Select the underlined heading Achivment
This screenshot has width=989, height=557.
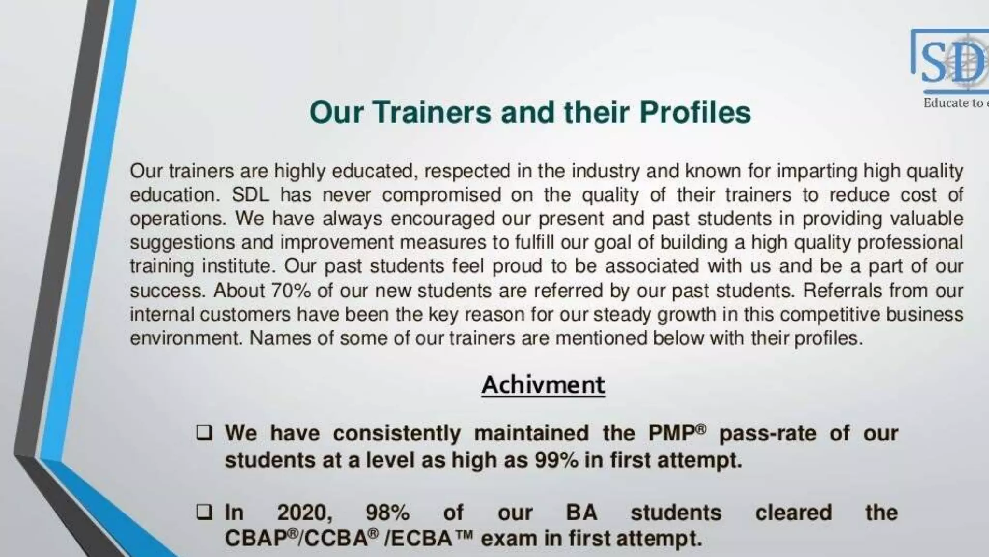543,385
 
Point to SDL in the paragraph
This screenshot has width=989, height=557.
247,195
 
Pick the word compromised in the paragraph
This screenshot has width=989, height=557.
441,195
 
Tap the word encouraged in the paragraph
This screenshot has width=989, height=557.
442,219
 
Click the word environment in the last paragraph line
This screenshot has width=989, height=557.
185,338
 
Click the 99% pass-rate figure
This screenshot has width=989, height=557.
556,460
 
